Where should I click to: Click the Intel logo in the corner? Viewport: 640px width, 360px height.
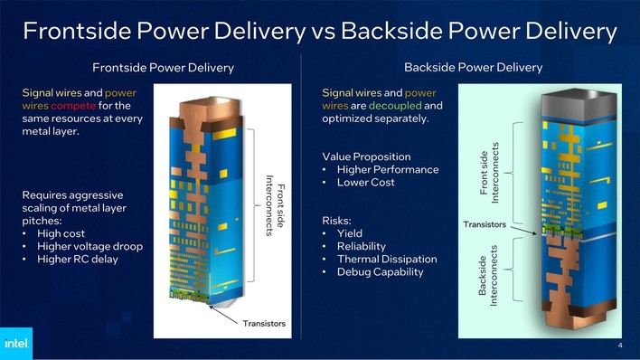pos(15,344)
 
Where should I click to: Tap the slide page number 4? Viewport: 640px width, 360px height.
pos(620,345)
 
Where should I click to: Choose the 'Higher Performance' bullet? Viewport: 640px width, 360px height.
pos(387,169)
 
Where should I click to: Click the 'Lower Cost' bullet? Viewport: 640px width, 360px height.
pos(365,183)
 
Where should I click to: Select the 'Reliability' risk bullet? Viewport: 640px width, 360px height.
pos(361,246)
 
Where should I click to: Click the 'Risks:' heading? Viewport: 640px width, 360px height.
pos(338,220)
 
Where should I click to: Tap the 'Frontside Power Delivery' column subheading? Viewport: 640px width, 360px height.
pos(163,68)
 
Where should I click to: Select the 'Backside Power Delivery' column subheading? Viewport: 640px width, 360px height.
pos(473,68)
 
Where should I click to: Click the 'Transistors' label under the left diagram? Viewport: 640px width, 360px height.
pos(263,323)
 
